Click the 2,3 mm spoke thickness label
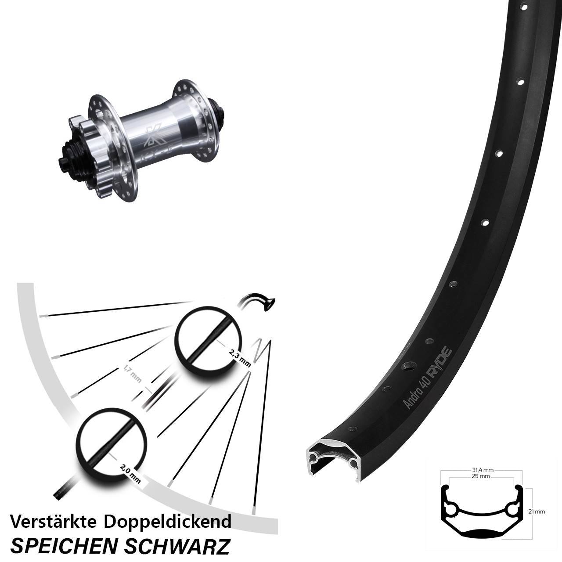(x=240, y=357)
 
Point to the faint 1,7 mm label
(x=133, y=374)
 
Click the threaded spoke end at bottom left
(x=61, y=490)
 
